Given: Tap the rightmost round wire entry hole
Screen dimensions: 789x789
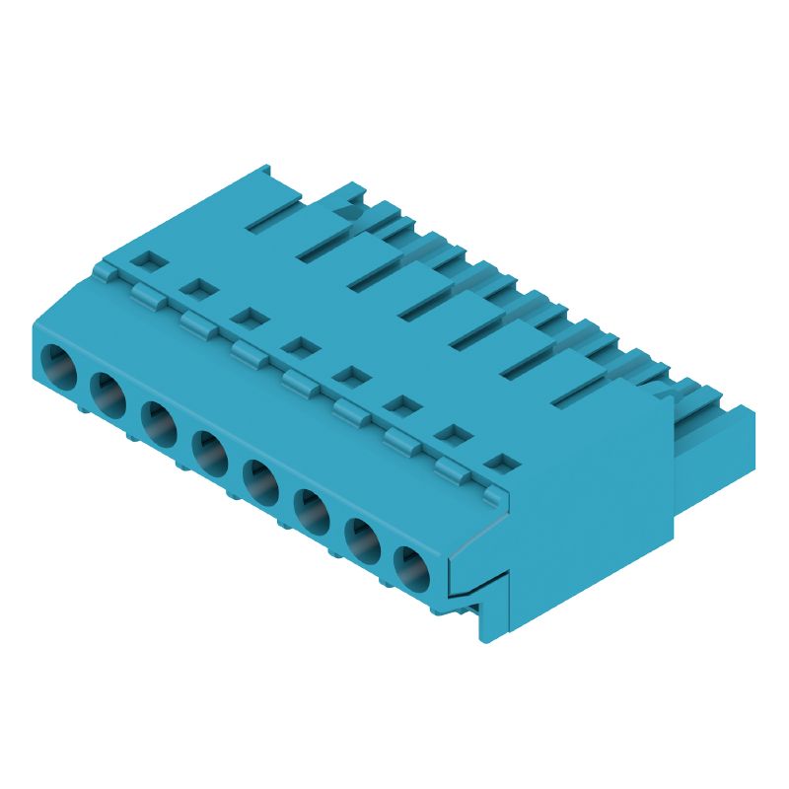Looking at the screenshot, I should pos(413,571).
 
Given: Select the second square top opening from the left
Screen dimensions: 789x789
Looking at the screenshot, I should pos(197,289).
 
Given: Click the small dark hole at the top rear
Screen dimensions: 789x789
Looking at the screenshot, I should pos(343,209).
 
